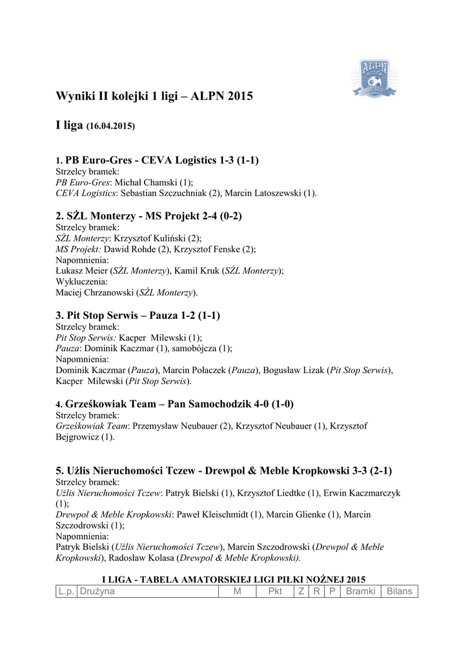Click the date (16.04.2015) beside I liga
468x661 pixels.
110,127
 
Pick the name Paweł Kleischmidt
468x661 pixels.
210,514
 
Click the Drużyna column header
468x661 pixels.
97,591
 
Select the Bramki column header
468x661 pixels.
360,591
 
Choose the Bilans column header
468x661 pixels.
399,591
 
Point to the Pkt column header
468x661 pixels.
275,591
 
